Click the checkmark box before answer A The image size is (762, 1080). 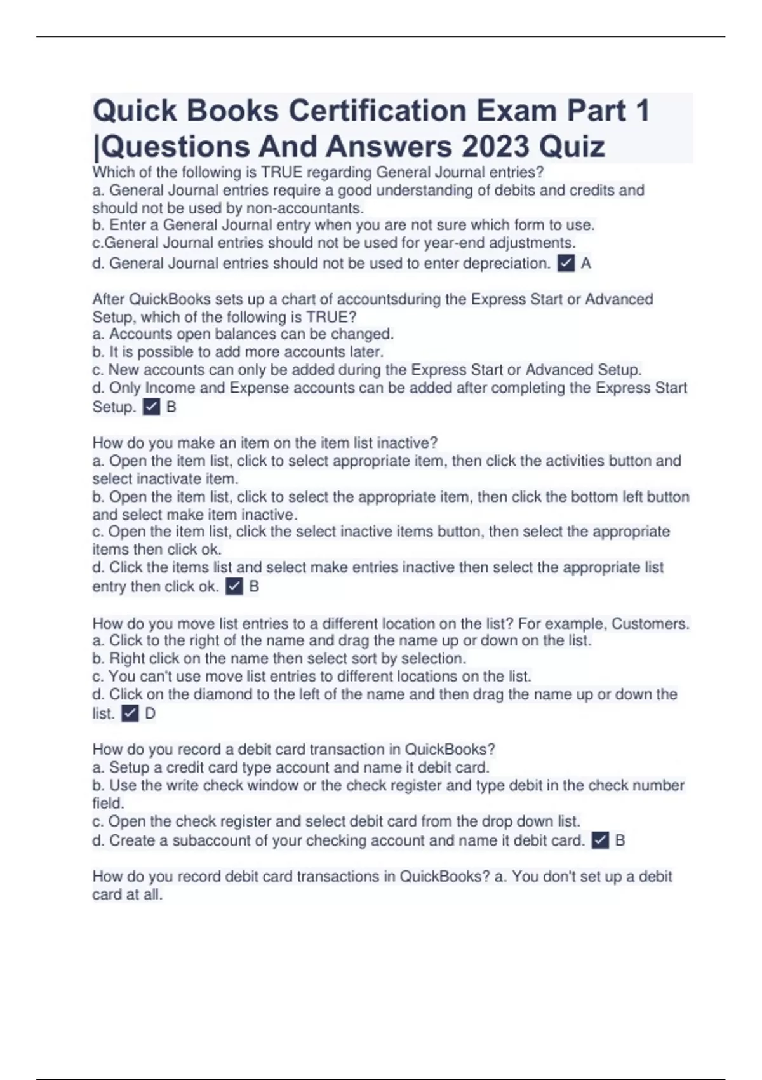566,263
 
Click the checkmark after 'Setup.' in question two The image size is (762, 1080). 151,407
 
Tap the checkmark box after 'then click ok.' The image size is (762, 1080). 234,586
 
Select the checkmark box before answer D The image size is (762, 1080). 130,713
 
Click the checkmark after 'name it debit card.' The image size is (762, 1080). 600,840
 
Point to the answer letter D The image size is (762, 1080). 150,713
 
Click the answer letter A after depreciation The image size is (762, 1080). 586,263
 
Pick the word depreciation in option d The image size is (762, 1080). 506,263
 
